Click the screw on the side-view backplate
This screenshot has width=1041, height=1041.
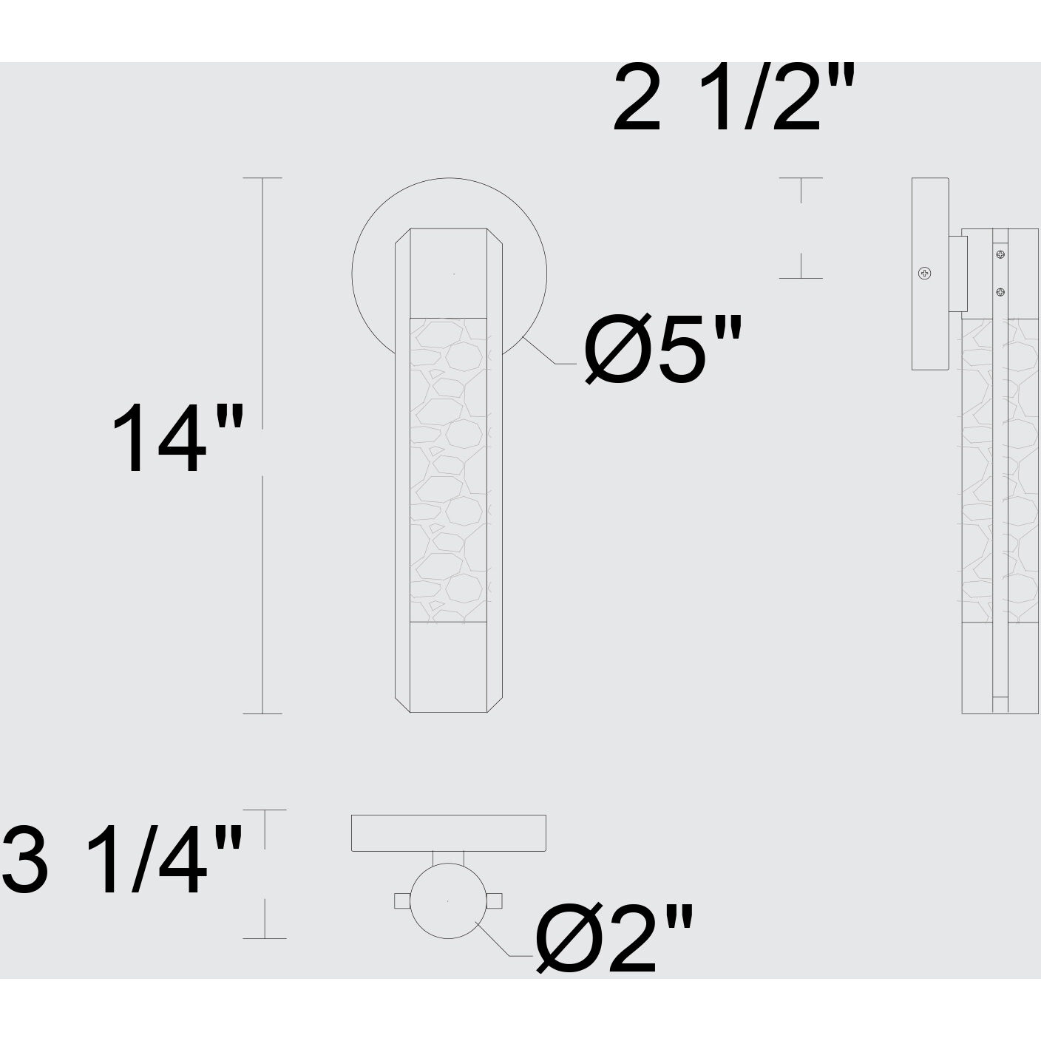click(924, 274)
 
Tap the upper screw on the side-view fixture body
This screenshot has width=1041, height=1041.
click(1000, 255)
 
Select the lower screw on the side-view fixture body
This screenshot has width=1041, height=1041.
click(1000, 292)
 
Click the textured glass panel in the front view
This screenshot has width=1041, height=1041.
click(448, 469)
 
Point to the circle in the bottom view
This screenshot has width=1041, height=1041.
click(448, 901)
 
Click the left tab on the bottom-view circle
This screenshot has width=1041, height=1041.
click(401, 901)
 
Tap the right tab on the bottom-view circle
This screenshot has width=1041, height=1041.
click(495, 901)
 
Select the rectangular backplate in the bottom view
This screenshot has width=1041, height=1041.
click(448, 833)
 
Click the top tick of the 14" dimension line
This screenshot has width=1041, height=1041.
click(262, 178)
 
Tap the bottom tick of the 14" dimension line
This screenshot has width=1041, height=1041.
click(262, 713)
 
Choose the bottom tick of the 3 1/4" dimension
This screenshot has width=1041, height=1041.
click(265, 938)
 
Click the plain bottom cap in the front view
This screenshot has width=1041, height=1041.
click(448, 667)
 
